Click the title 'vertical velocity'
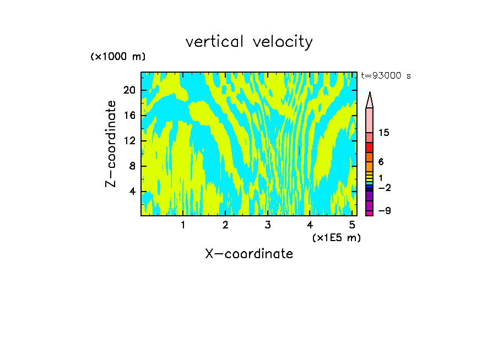(x=249, y=42)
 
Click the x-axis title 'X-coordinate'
(x=249, y=254)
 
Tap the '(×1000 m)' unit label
(x=117, y=57)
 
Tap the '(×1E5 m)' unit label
(x=336, y=237)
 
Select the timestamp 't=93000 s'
(x=386, y=76)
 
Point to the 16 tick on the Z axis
(x=129, y=116)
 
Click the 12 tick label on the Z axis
(x=129, y=141)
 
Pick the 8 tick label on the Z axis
(x=132, y=166)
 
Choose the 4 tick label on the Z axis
(x=132, y=192)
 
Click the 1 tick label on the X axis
(x=183, y=225)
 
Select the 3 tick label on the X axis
(x=268, y=225)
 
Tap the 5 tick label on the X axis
(x=352, y=225)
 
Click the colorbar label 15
(x=384, y=133)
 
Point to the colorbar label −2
(x=384, y=188)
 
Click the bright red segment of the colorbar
(x=369, y=148)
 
